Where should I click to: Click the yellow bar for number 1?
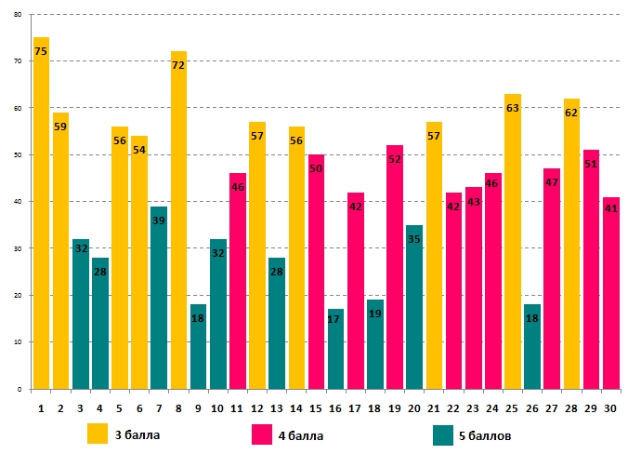(x=41, y=214)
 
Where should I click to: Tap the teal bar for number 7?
(x=159, y=298)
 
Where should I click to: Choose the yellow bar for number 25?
(x=512, y=242)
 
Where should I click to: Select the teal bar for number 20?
(x=414, y=307)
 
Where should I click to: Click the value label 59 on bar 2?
(x=60, y=127)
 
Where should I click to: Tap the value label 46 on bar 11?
(x=237, y=187)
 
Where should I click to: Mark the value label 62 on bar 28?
(x=570, y=113)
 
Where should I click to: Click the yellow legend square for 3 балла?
(x=98, y=434)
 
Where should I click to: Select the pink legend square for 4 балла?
(x=262, y=434)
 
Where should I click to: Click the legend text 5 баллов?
(x=486, y=434)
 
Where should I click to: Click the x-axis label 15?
(x=316, y=407)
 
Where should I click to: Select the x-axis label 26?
(x=531, y=407)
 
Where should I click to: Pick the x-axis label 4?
(x=99, y=407)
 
